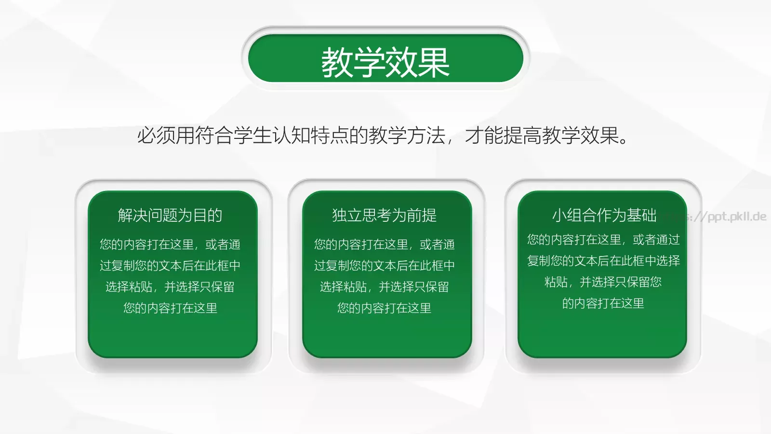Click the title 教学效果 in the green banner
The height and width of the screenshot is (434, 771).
click(x=385, y=62)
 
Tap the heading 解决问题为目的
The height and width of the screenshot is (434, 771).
click(x=170, y=215)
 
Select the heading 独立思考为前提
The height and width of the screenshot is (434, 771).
click(x=384, y=215)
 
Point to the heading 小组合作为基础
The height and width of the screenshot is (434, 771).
click(x=604, y=215)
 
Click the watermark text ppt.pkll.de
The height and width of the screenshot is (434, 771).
click(x=736, y=217)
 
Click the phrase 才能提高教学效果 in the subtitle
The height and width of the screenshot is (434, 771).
click(x=542, y=136)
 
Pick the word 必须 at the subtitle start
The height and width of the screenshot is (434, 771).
click(x=156, y=136)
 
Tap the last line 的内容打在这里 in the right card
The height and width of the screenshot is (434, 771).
click(x=603, y=303)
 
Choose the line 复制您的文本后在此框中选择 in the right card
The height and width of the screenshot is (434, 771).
click(x=603, y=261)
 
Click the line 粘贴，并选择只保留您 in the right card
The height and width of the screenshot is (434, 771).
click(x=603, y=282)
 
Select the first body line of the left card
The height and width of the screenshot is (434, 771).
click(x=170, y=244)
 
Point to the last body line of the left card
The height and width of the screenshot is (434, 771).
click(x=170, y=308)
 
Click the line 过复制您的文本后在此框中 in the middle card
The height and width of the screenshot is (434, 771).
click(x=384, y=266)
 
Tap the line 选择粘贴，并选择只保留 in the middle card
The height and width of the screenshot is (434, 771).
click(x=384, y=287)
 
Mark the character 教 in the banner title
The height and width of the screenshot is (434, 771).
click(x=337, y=62)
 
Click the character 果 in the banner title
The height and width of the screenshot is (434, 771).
click(x=434, y=62)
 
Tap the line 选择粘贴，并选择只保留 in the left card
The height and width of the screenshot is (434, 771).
click(x=170, y=287)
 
